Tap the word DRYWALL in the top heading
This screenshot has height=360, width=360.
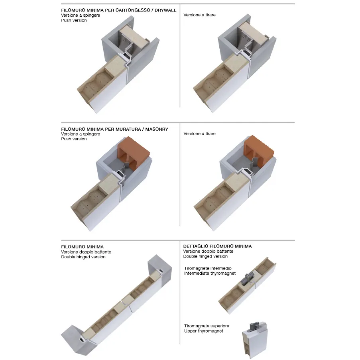[x=165, y=10]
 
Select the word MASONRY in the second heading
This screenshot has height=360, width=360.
[x=157, y=129]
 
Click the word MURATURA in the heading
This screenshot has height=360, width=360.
[x=128, y=129]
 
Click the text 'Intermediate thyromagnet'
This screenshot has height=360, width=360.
[x=210, y=273]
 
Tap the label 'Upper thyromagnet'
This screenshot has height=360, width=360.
[x=204, y=331]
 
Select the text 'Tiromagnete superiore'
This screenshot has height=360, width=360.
[x=207, y=326]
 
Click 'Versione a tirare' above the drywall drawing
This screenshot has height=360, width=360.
[x=199, y=15]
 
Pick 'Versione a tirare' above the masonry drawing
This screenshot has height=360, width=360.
[x=199, y=134]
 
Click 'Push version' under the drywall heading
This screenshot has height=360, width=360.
[x=74, y=20]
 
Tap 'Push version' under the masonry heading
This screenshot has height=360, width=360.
[x=74, y=139]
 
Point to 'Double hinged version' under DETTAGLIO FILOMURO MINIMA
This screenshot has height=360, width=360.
[x=205, y=256]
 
